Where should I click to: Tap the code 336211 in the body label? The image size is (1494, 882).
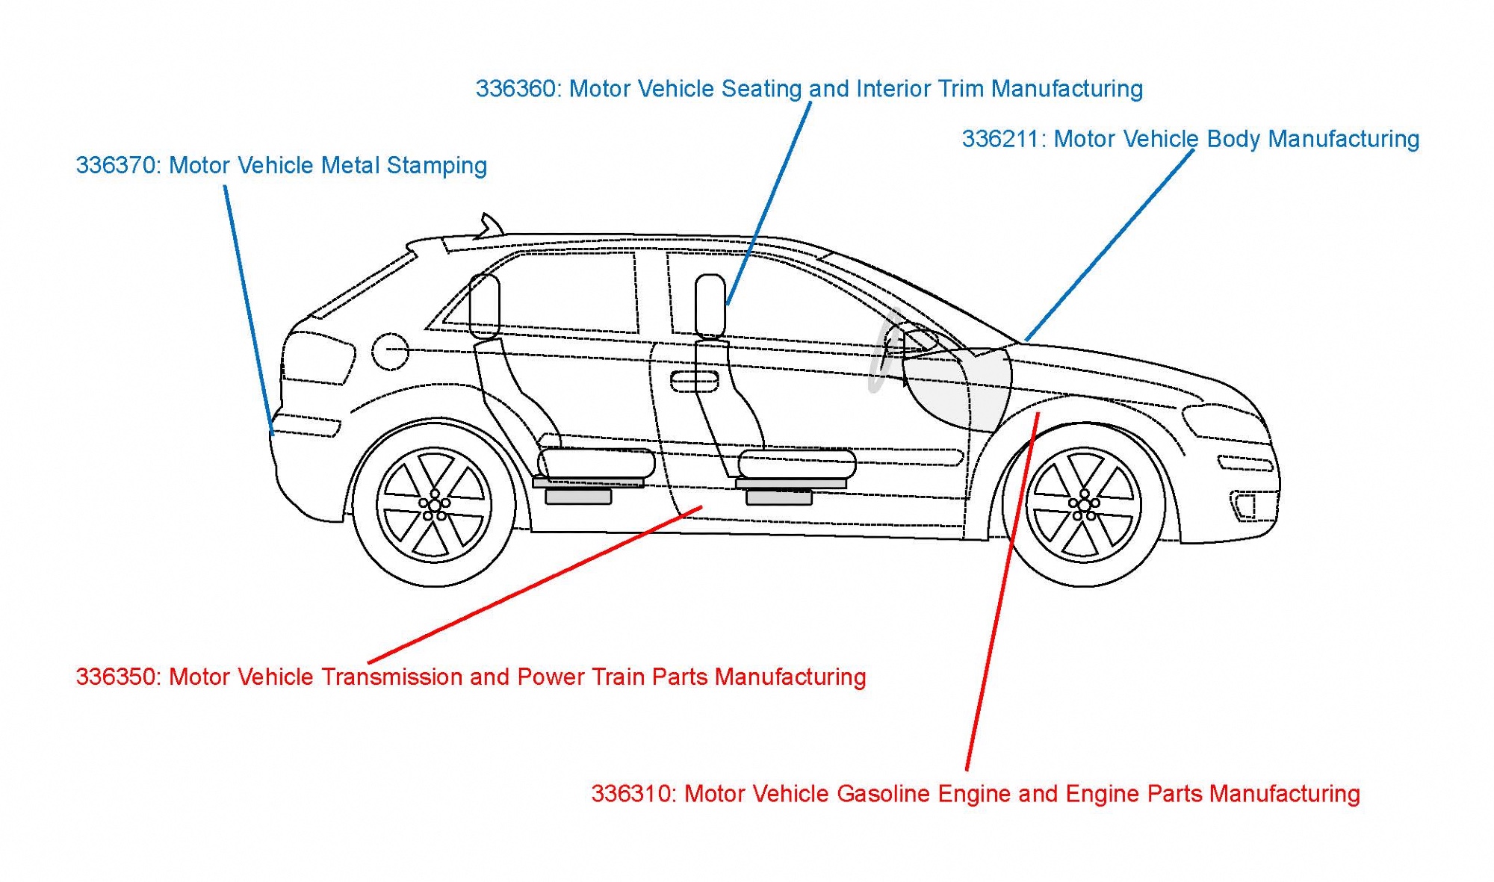[x=1002, y=139]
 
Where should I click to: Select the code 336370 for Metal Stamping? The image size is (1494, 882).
[x=117, y=165]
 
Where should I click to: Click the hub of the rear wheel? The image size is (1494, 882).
[x=434, y=506]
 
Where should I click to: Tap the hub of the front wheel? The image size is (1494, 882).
[x=1083, y=506]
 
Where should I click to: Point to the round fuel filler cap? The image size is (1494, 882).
[x=390, y=351]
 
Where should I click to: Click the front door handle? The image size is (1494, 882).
[x=694, y=382]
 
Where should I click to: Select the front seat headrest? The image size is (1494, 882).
[x=710, y=305]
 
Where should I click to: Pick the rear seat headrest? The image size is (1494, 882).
[x=484, y=305]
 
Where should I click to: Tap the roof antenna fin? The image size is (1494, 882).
[x=489, y=225]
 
